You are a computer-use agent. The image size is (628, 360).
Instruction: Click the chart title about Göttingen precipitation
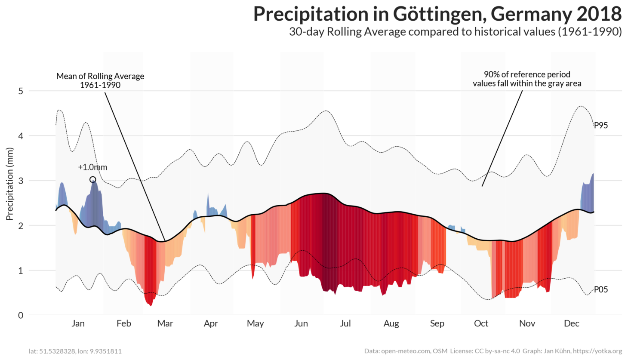[437, 14]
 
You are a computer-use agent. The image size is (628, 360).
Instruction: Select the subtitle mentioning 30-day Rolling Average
[455, 32]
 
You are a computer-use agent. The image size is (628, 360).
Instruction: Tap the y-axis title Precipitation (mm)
[10, 184]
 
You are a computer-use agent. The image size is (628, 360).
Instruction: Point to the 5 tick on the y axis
[21, 91]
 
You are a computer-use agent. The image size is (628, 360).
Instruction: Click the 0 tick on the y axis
[21, 315]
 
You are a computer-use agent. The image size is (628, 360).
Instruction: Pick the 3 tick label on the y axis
[21, 181]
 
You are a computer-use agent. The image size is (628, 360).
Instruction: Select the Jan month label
[78, 323]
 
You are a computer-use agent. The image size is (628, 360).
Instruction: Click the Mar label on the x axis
[165, 323]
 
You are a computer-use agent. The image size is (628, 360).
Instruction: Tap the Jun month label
[301, 323]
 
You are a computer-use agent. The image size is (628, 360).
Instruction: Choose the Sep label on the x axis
[437, 323]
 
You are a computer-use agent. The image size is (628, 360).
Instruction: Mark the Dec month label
[571, 323]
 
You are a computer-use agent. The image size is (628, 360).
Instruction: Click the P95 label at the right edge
[601, 126]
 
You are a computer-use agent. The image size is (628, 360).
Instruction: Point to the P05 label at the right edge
[601, 289]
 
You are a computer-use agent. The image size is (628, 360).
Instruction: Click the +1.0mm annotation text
[92, 167]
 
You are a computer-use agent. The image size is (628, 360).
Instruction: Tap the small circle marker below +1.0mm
[93, 179]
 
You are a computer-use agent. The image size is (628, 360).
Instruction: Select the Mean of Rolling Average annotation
[100, 80]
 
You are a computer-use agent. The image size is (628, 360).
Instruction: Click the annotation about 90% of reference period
[527, 79]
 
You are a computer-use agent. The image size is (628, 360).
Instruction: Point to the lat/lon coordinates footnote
[75, 351]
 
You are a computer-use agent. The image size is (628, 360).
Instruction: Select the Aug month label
[391, 323]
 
